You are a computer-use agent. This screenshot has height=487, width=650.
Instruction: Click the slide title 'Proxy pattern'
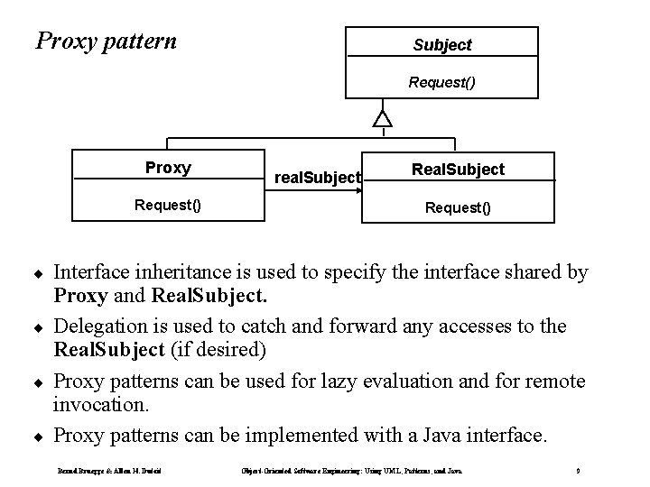106,41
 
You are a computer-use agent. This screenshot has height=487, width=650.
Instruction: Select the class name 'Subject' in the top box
442,44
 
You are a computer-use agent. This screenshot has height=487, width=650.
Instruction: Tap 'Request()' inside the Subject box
442,82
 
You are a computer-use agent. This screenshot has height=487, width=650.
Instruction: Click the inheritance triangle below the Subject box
384,118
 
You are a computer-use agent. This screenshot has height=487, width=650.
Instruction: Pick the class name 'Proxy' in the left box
168,168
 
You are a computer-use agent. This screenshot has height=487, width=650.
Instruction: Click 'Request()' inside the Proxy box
168,205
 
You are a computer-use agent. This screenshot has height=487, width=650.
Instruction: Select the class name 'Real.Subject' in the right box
458,170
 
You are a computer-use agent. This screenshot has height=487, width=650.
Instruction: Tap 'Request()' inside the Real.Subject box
458,207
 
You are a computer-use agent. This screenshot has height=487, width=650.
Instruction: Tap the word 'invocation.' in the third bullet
99,405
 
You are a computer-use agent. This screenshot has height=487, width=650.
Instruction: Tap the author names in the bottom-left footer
102,471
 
